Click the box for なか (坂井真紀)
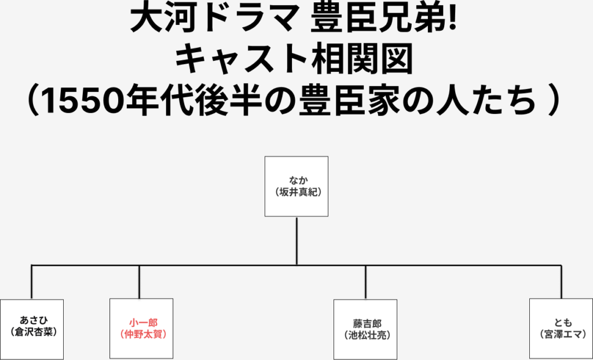tap(296, 186)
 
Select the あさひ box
tap(31, 328)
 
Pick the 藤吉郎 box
tap(365, 329)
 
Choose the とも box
tap(561, 329)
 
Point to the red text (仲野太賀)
tap(141, 334)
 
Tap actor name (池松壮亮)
tap(365, 334)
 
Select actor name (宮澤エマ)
tap(561, 334)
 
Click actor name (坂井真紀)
tap(296, 192)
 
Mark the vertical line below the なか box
tap(296, 241)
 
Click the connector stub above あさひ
tap(31, 282)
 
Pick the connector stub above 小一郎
tap(139, 282)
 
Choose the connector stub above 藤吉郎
tap(365, 282)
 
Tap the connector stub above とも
tap(561, 282)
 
